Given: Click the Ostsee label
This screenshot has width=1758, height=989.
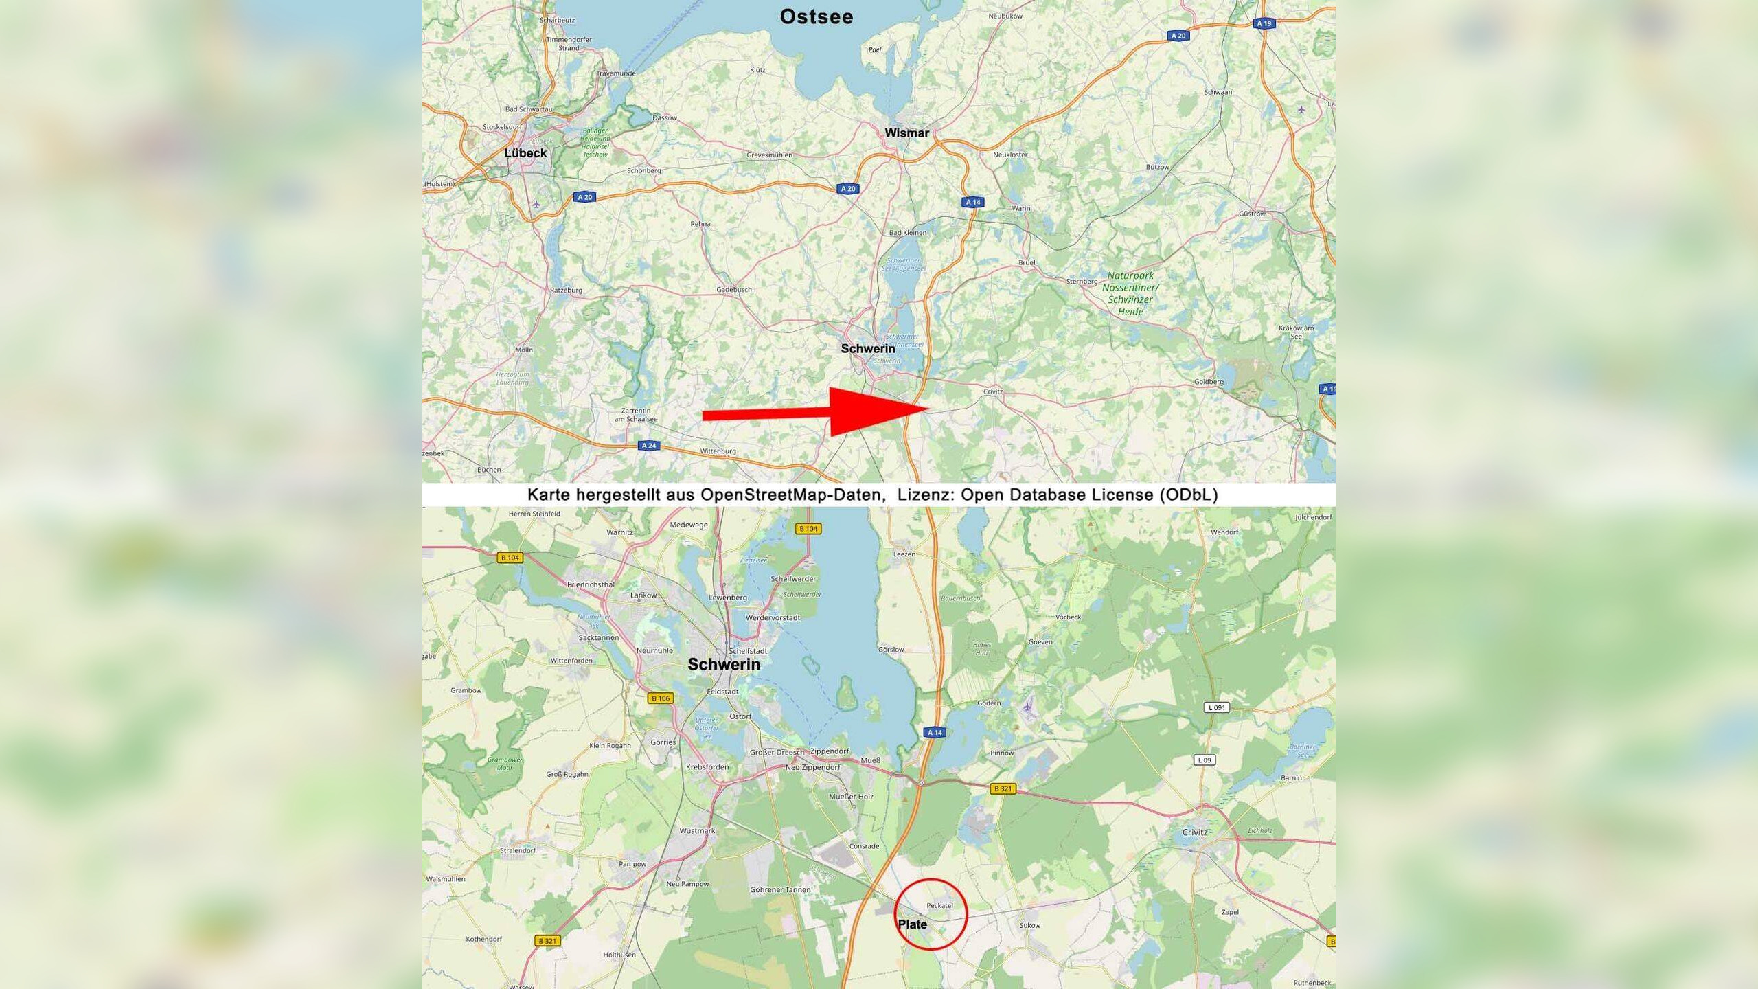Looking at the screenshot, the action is tap(816, 17).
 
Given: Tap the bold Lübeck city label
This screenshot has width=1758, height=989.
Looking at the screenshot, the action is tap(525, 153).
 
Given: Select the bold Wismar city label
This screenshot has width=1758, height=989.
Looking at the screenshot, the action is tap(906, 133).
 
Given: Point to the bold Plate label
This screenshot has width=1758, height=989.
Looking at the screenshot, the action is tap(912, 924).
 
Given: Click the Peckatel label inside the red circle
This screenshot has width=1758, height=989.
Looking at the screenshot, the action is tap(939, 905).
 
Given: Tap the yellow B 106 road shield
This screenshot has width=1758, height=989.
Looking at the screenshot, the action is tap(661, 698).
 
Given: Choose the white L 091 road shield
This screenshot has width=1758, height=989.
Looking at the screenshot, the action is tap(1216, 707).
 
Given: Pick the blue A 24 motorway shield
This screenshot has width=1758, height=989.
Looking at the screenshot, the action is tap(648, 446).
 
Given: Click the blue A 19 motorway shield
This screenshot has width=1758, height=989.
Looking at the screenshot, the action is tap(1264, 23).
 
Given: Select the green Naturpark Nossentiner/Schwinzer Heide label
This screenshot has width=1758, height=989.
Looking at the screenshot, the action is tap(1130, 293).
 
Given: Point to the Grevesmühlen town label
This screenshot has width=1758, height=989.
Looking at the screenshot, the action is tap(769, 155).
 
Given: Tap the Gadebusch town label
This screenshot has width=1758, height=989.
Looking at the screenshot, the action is tap(733, 290).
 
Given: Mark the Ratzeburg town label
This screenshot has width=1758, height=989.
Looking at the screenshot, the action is tap(566, 291).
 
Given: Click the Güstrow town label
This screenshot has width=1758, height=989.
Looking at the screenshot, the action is tap(1252, 214).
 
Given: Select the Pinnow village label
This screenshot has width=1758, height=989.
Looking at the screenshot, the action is tap(1002, 753).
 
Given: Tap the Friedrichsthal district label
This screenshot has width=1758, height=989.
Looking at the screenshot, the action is tap(591, 584).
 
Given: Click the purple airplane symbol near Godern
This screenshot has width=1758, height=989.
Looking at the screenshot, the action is tap(1027, 707).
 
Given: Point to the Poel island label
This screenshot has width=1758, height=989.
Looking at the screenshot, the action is tap(874, 49).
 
